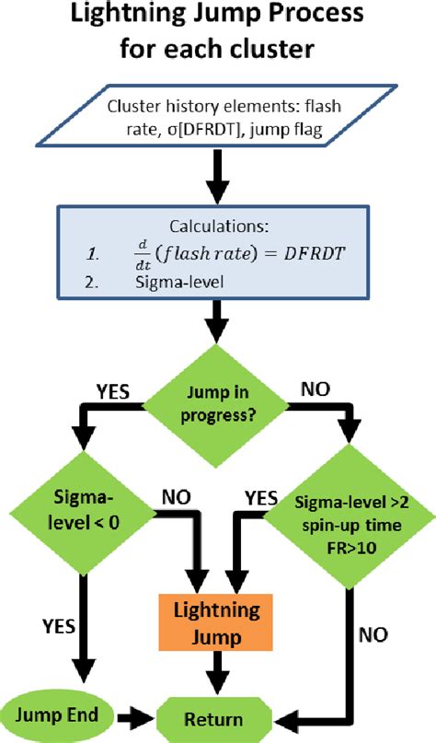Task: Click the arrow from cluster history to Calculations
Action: (218, 181)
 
